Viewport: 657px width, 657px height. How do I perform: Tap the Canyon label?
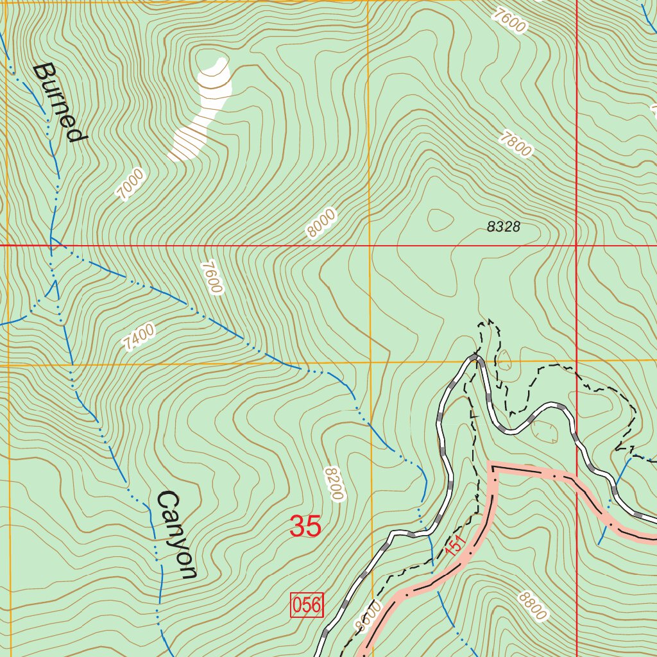click(x=177, y=534)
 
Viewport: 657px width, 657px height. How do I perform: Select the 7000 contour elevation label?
click(x=131, y=185)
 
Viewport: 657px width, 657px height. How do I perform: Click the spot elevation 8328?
click(x=503, y=226)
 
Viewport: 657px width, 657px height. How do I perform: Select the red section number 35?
click(x=305, y=527)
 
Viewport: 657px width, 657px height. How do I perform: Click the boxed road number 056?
click(x=307, y=605)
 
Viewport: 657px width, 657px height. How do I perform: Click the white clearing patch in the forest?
click(x=202, y=109)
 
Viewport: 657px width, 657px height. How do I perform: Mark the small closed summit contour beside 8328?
click(x=440, y=220)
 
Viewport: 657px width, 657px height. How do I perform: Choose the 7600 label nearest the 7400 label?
click(x=211, y=277)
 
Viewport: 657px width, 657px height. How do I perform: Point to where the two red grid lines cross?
click(x=576, y=245)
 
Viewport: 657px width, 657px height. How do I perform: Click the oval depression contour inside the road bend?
click(x=545, y=431)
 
